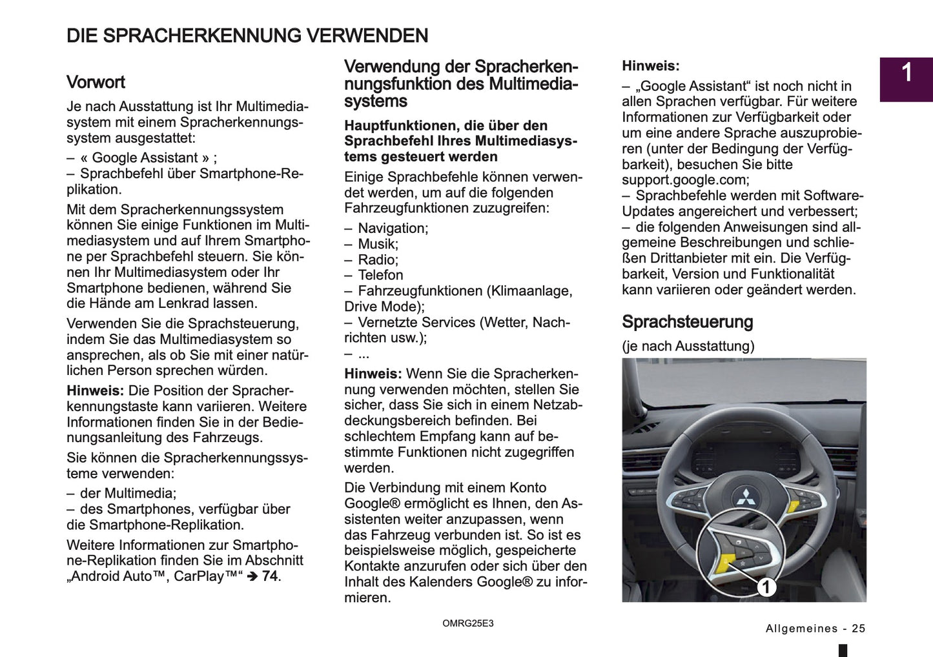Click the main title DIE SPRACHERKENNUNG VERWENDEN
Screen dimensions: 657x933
pos(247,35)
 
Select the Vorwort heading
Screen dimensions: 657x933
pos(96,83)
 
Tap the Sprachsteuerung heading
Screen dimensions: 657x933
pos(687,322)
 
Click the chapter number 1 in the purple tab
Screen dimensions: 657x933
pos(906,73)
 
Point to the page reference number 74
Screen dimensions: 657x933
pos(270,576)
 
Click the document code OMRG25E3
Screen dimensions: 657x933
pos(467,623)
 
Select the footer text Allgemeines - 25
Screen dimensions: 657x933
pos(815,629)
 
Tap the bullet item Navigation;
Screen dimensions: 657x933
pos(393,228)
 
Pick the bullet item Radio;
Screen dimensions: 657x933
pos(378,259)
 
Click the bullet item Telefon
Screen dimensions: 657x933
pos(380,275)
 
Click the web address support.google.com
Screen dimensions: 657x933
pos(684,180)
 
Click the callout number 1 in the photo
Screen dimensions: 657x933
pos(766,587)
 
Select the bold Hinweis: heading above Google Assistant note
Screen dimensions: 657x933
pos(650,66)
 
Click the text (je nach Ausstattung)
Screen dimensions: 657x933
pos(688,346)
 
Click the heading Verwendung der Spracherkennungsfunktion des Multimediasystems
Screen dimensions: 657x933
pos(460,84)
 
